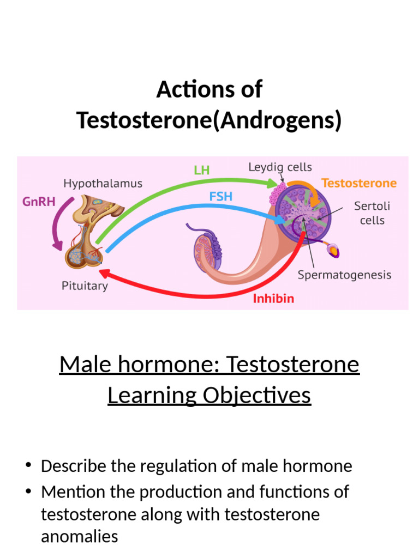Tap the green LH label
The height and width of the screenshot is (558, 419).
point(202,170)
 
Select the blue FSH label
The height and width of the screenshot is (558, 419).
point(221,196)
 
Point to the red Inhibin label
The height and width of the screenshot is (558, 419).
point(273,299)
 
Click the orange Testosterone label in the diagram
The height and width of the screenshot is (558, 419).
point(359,183)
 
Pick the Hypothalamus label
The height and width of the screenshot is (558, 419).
point(103,183)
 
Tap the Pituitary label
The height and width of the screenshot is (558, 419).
point(85,286)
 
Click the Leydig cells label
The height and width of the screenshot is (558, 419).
point(280,167)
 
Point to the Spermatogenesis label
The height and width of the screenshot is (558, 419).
point(344,275)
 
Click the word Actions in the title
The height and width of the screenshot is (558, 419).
point(189,89)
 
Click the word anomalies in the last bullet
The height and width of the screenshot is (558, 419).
point(80,536)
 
